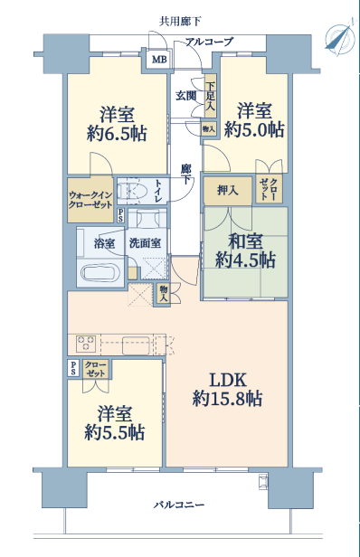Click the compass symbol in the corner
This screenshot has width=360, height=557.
340,36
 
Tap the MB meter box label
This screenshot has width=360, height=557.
159,60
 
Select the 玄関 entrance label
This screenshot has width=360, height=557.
185,96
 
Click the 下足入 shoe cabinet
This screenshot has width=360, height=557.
211,96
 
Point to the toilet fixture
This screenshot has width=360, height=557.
133,191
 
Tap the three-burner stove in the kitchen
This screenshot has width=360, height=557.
86,344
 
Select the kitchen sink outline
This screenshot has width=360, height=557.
136,345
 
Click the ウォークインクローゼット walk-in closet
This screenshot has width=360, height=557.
90,200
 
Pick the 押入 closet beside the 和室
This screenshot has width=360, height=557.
228,191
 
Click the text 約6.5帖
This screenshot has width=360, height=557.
117,134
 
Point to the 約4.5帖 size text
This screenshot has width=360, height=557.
245,260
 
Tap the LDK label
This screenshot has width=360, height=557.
228,380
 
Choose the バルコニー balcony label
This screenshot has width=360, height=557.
179,505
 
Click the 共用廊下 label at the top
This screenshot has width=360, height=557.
180,22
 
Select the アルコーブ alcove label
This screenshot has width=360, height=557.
210,42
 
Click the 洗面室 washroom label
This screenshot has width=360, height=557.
145,243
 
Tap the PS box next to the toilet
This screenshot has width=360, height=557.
121,215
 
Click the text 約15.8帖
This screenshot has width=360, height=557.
227,398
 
